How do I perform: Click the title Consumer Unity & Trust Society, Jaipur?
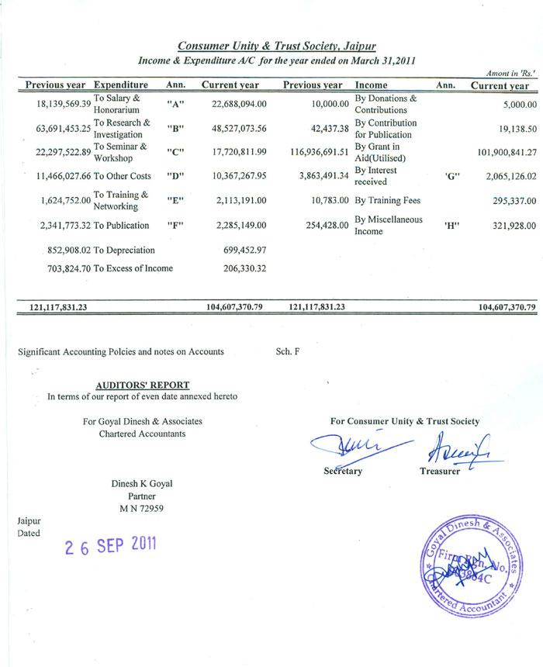(x=277, y=47)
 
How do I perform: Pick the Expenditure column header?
(x=120, y=85)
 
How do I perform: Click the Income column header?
(x=371, y=85)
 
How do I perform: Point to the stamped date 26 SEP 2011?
(x=111, y=544)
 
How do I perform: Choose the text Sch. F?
(x=288, y=351)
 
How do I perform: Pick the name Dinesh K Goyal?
(x=142, y=484)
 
